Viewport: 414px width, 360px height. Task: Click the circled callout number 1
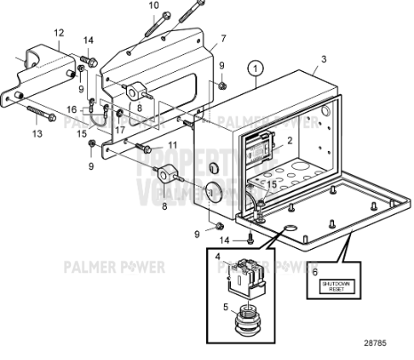256,67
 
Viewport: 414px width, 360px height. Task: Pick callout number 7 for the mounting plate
223,38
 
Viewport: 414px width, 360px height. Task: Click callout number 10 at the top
154,6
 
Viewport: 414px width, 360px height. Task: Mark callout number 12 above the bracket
59,33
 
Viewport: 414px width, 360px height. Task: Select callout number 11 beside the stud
173,144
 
